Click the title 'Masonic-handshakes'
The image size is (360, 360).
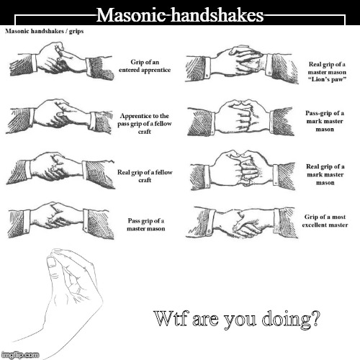[x=180, y=15]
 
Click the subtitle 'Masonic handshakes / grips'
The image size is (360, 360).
[x=45, y=31]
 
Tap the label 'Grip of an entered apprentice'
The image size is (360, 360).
[x=145, y=66]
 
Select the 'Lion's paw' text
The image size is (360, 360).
[x=327, y=79]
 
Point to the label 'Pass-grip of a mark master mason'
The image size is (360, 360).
[x=325, y=121]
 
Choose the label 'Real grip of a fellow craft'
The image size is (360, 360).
[x=145, y=176]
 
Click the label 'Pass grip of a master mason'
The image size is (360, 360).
[x=146, y=225]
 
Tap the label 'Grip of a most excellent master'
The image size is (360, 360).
[x=325, y=221]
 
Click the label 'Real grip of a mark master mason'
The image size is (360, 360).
[x=325, y=174]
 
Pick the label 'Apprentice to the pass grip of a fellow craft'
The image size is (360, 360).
[x=145, y=124]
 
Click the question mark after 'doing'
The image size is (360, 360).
[x=314, y=318]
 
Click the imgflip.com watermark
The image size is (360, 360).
[x=20, y=355]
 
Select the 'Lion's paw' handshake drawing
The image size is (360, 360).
[x=243, y=65]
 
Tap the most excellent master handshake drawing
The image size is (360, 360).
[x=242, y=222]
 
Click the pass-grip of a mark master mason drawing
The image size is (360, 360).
[x=240, y=117]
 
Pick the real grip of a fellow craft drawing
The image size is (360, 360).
[x=60, y=169]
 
